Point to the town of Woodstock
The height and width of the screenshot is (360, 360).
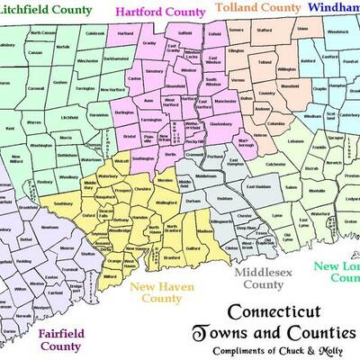coord(337,58)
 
